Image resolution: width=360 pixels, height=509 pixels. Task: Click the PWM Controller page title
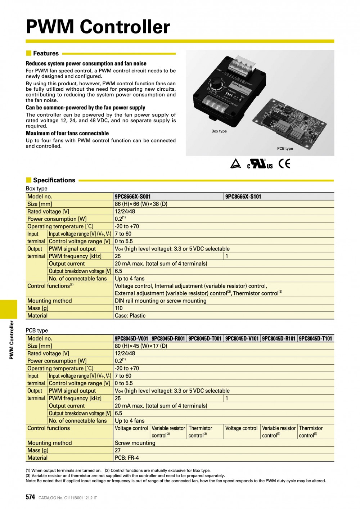pos(98,27)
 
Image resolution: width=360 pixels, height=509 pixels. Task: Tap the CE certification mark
pos(284,164)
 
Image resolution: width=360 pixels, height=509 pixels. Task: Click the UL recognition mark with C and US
pos(260,164)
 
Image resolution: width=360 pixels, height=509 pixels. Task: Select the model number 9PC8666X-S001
pos(133,197)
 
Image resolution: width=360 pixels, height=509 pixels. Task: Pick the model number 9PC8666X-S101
pos(243,197)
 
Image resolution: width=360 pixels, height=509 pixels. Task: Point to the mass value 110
pos(119,308)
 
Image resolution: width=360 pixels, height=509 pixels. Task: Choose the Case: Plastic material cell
pos(130,316)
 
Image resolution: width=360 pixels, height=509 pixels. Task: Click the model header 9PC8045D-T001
pos(205,338)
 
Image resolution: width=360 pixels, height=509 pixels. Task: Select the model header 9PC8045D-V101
pos(242,338)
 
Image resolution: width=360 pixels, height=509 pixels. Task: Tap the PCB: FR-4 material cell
pos(127,458)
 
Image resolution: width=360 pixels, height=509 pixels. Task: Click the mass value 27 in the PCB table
pos(118,450)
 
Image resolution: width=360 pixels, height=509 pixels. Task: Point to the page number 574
pos(30,497)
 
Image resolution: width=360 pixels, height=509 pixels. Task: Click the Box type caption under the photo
pos(219,131)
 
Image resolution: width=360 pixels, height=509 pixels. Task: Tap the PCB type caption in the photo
pos(285,148)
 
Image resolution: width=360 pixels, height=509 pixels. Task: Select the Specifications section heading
pos(54,180)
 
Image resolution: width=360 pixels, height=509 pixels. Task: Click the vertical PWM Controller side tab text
pos(12,340)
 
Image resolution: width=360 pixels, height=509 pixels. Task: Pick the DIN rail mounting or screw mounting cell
pos(161,301)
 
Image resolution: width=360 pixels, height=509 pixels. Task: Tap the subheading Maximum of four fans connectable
pos(67,133)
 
